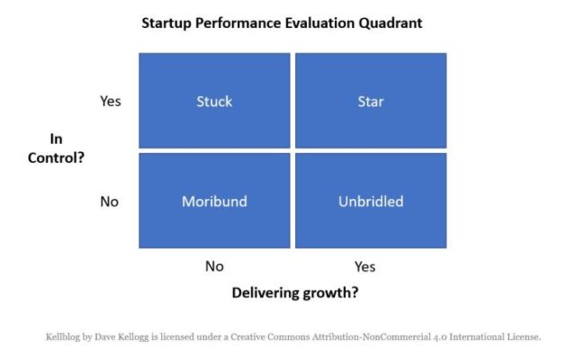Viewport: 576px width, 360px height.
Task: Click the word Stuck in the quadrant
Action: pyautogui.click(x=214, y=102)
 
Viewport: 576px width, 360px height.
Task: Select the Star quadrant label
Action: pyautogui.click(x=371, y=102)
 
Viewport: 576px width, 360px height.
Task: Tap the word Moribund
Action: pyautogui.click(x=214, y=202)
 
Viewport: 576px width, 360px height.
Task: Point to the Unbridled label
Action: pyautogui.click(x=371, y=202)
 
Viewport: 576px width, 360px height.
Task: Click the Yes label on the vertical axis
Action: pyautogui.click(x=111, y=101)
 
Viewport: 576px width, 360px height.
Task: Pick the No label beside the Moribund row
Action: pyautogui.click(x=110, y=202)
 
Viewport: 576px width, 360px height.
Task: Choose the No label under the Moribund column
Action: pyautogui.click(x=214, y=266)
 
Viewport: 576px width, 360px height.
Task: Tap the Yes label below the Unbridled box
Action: pyautogui.click(x=365, y=266)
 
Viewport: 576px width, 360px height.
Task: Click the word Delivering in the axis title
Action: pyautogui.click(x=265, y=292)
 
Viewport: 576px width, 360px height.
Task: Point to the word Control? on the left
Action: pyautogui.click(x=56, y=158)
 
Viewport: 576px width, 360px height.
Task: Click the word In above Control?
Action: pyautogui.click(x=56, y=139)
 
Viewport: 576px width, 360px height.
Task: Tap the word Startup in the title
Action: pyautogui.click(x=166, y=23)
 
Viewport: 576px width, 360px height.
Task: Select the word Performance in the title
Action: pyautogui.click(x=238, y=22)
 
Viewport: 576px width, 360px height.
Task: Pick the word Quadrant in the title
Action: pyautogui.click(x=391, y=23)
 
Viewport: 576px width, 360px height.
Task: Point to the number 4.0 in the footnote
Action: pyautogui.click(x=440, y=337)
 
